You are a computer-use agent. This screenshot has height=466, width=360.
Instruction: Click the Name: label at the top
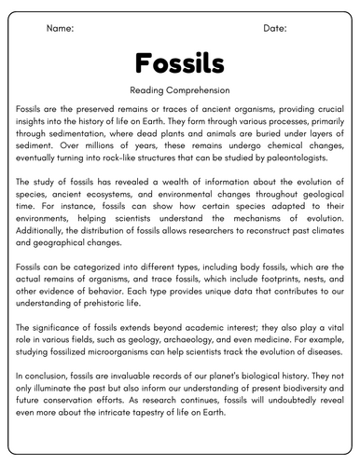(x=60, y=29)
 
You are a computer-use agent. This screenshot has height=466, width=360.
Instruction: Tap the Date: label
(x=275, y=29)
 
